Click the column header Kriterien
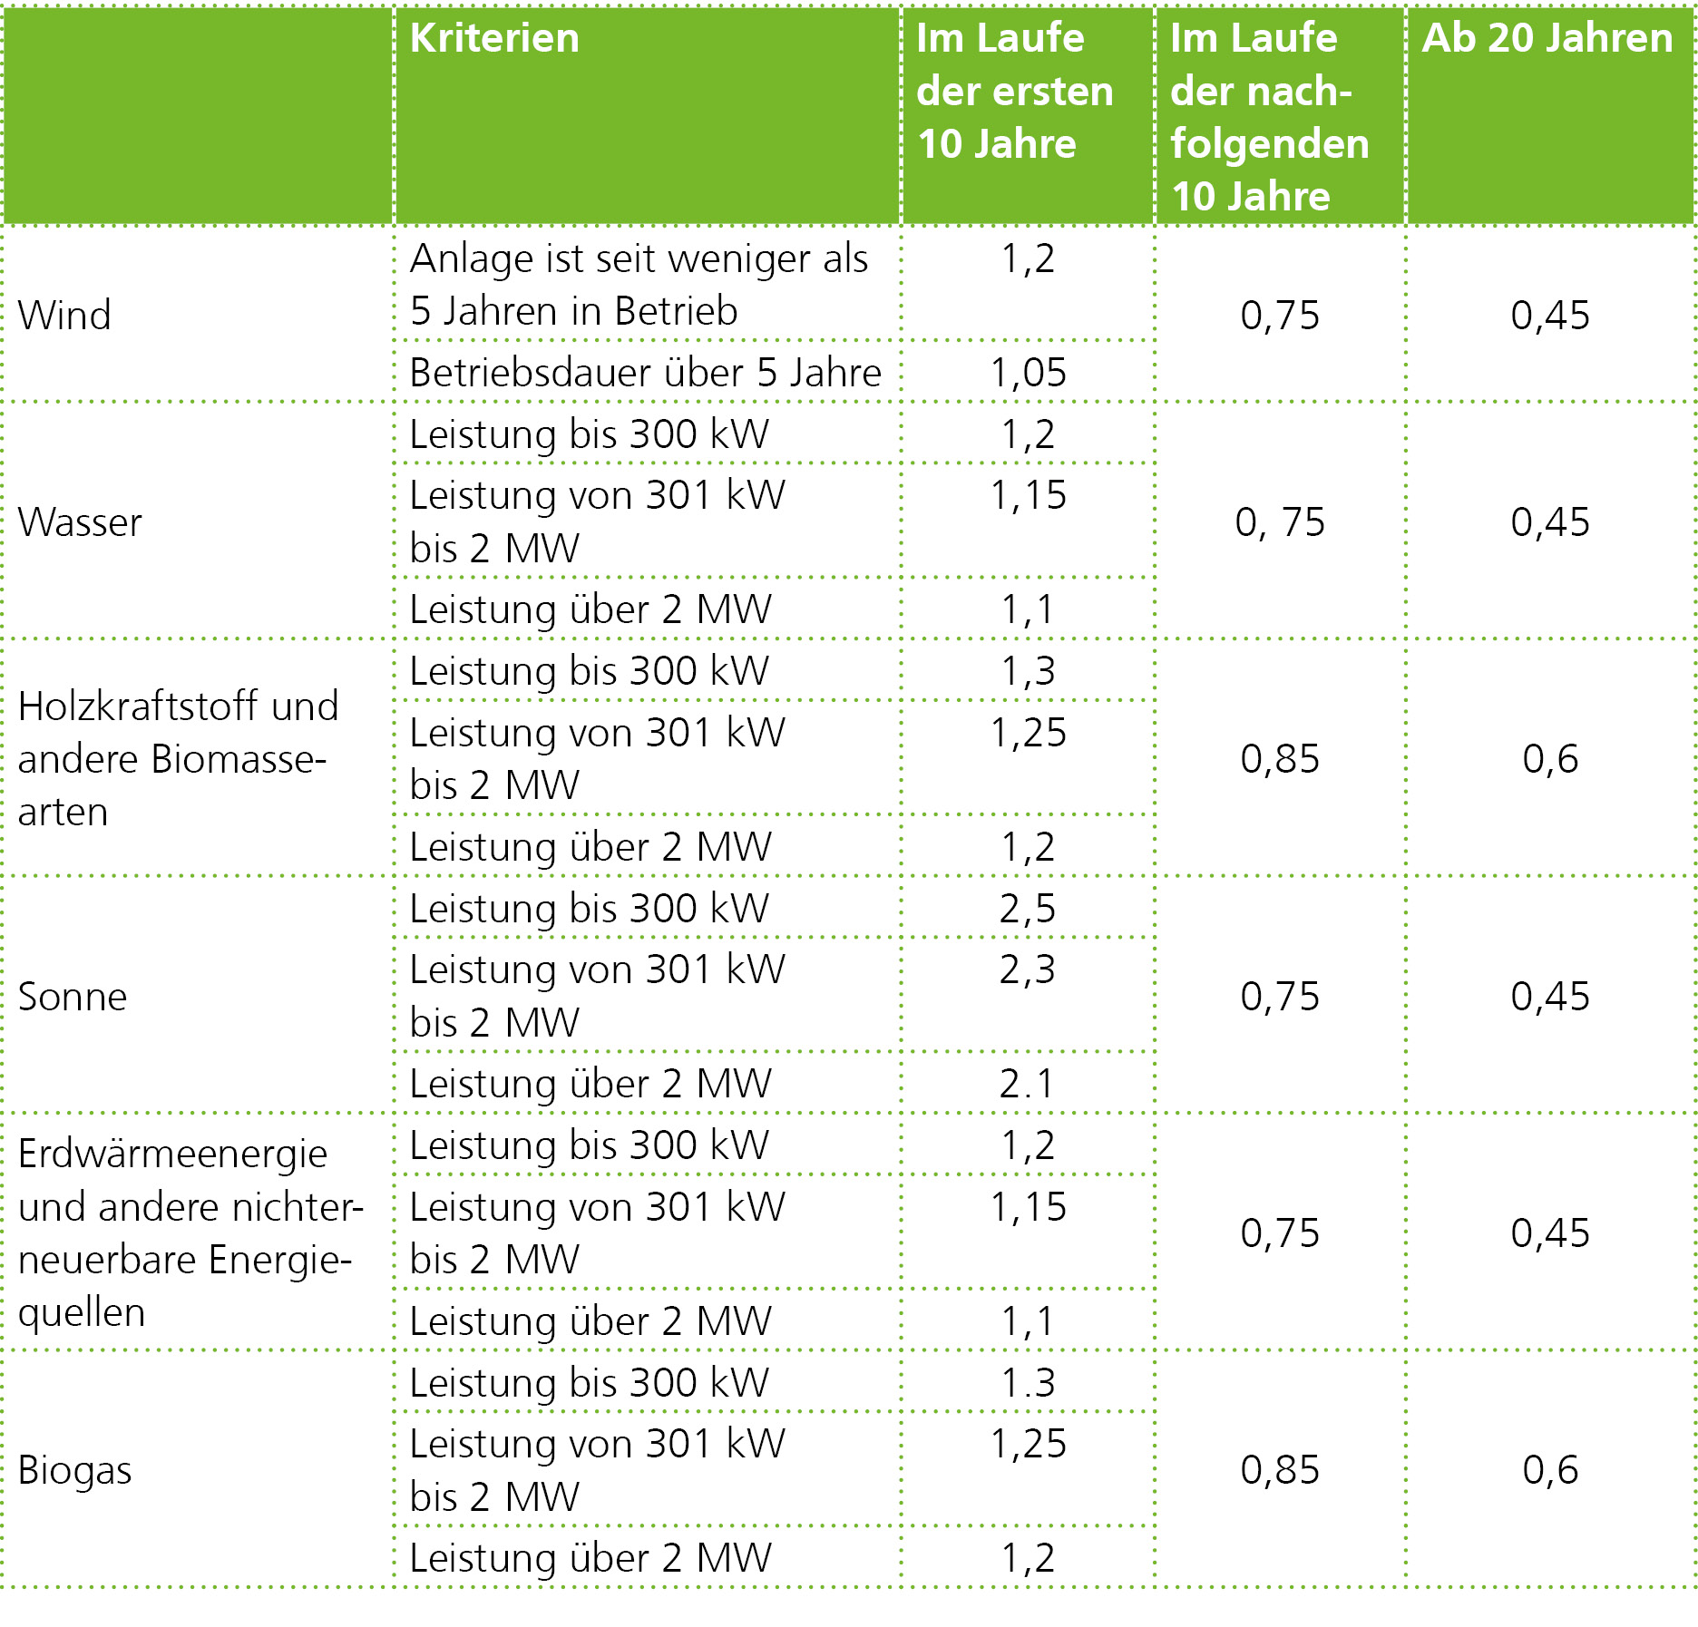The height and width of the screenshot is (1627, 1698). click(x=494, y=39)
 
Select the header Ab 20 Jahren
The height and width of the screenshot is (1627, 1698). click(x=1547, y=39)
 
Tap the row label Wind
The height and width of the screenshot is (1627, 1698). click(x=64, y=315)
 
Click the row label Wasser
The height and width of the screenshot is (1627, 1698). click(x=80, y=521)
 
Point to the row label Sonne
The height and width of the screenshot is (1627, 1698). click(x=73, y=996)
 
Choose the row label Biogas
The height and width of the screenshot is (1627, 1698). click(x=74, y=1469)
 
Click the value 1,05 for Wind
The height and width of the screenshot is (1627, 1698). click(x=1028, y=373)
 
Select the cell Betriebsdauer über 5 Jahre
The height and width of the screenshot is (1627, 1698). click(x=645, y=373)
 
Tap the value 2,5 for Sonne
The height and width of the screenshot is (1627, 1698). click(x=1028, y=908)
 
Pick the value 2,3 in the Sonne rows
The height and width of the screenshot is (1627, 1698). click(x=1028, y=969)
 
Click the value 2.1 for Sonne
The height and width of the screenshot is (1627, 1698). click(x=1028, y=1083)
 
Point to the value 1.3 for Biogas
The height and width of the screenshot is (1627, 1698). click(x=1028, y=1382)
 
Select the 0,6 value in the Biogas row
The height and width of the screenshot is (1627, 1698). click(x=1550, y=1469)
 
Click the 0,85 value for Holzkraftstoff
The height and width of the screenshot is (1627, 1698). click(x=1280, y=758)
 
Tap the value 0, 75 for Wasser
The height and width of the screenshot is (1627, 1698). click(x=1280, y=521)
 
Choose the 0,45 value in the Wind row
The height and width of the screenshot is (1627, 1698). click(x=1550, y=315)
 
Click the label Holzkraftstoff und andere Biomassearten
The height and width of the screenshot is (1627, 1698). click(x=177, y=758)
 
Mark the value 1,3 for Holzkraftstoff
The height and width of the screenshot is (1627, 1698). click(x=1028, y=671)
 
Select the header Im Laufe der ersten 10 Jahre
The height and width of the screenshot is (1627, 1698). click(x=1014, y=91)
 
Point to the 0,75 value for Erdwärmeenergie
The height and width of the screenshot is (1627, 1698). click(x=1280, y=1232)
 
